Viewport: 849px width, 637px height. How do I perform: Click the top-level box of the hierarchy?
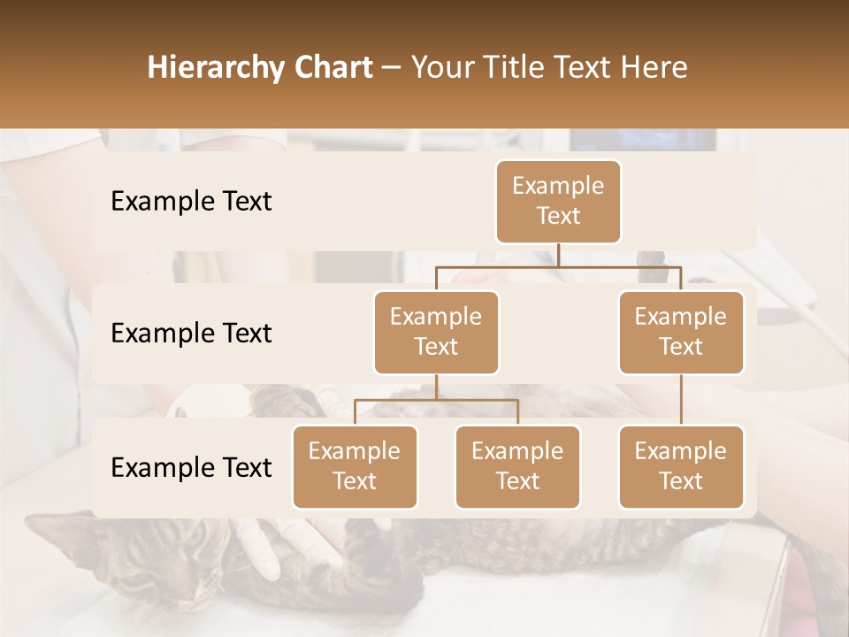coord(558,201)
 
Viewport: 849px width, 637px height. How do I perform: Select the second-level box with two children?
coord(436,332)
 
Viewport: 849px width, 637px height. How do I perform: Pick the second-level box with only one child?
coord(681,332)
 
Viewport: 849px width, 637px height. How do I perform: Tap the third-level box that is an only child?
coord(681,466)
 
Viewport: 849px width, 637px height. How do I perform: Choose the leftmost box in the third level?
coord(355,466)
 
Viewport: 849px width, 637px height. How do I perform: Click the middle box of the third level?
coord(517,466)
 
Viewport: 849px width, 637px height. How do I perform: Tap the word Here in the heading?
coord(655,68)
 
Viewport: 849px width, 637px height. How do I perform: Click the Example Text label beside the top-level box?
coord(191,201)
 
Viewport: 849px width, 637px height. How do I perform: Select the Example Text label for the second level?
coord(191,333)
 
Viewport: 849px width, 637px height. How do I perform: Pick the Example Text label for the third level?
coord(191,467)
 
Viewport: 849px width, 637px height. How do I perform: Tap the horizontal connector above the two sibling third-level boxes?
coord(436,400)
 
